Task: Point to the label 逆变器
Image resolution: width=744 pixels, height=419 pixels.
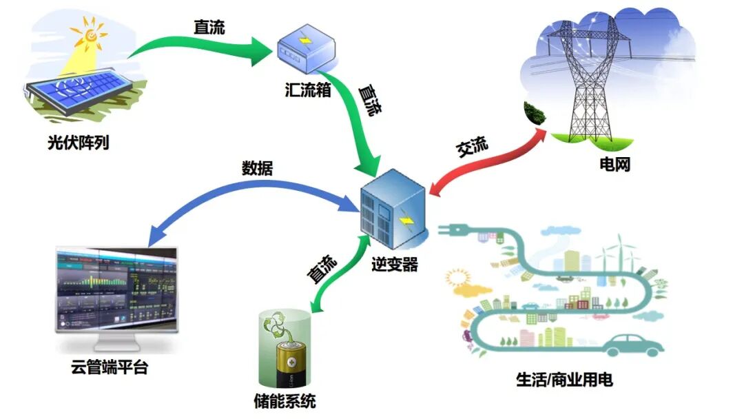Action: pyautogui.click(x=395, y=265)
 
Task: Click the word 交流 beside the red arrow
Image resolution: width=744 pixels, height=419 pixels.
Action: pyautogui.click(x=473, y=147)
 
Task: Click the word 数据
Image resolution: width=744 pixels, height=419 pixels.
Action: pyautogui.click(x=257, y=168)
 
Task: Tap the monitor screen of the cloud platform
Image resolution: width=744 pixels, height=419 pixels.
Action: pyautogui.click(x=116, y=289)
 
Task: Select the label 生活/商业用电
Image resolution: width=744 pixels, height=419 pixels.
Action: pyautogui.click(x=564, y=379)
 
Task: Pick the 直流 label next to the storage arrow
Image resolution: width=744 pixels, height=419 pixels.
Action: pyautogui.click(x=322, y=269)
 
